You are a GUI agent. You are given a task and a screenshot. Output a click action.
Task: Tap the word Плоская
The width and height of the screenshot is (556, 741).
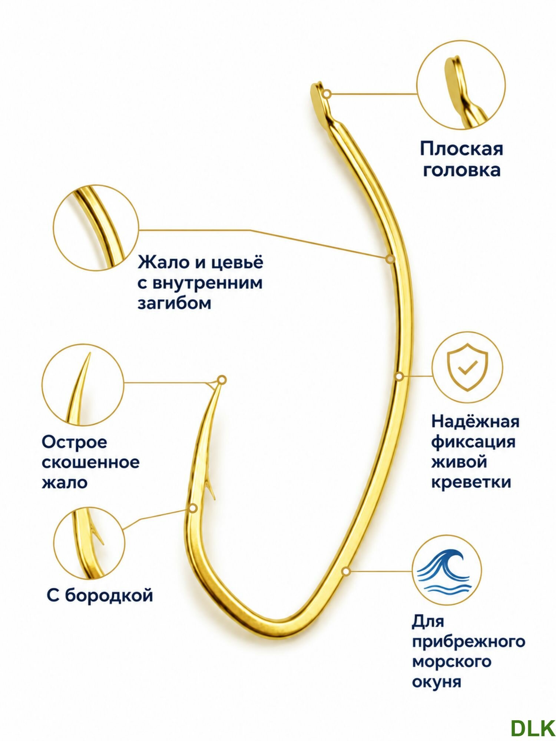[x=461, y=149]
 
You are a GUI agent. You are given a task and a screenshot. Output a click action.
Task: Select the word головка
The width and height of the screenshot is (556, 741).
[x=461, y=170]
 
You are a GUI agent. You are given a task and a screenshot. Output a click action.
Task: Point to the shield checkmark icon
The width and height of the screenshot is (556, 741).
[x=467, y=367]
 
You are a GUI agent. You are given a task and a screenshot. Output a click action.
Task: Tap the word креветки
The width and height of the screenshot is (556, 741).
[x=471, y=482]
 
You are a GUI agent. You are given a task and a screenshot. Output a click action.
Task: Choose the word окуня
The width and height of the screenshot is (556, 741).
[x=436, y=682]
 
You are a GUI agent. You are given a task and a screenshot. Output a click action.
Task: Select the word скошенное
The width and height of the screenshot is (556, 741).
[x=90, y=462]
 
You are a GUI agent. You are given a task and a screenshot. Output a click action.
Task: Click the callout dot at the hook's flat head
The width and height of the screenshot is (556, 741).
[x=327, y=94]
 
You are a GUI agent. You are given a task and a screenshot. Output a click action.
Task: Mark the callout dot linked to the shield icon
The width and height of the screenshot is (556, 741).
[x=399, y=376]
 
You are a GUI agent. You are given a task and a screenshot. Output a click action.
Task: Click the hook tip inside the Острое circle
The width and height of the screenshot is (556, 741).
[x=89, y=354]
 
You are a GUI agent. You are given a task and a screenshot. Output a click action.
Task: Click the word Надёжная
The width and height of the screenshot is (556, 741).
[x=475, y=421]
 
